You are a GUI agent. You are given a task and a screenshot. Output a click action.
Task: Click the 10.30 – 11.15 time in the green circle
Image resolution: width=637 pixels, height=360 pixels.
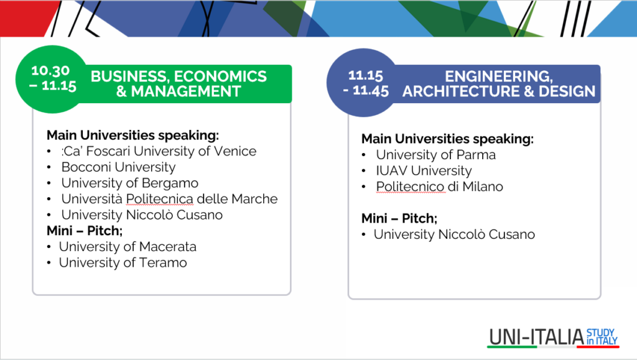[x=53, y=78]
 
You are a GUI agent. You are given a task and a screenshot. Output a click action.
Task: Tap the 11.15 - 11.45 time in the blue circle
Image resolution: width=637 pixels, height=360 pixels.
[x=366, y=83]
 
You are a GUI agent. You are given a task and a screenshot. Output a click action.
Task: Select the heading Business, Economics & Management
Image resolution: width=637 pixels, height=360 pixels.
[x=179, y=83]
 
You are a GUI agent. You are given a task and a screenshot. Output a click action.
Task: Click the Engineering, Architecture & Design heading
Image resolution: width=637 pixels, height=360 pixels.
[x=499, y=83]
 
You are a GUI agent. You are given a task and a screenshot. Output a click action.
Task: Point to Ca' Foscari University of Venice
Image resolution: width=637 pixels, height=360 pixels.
[x=159, y=151]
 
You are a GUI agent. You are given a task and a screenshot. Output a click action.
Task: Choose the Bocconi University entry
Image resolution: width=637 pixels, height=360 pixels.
[x=118, y=167]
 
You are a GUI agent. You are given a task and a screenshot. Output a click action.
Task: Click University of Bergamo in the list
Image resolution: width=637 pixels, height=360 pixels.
[x=129, y=183]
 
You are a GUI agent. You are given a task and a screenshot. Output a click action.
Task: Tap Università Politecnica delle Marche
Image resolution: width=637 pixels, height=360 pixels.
[x=169, y=199]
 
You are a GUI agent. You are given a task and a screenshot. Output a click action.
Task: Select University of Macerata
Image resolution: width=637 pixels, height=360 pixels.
[x=128, y=247]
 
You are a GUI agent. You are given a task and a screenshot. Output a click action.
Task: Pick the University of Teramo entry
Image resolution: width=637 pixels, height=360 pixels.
[x=123, y=262]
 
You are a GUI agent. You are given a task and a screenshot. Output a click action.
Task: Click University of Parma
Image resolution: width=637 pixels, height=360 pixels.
[x=436, y=155]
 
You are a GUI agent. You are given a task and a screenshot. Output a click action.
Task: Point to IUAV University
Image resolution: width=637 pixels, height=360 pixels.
[x=424, y=171]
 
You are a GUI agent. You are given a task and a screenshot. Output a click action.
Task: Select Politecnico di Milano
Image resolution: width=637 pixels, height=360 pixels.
[x=439, y=187]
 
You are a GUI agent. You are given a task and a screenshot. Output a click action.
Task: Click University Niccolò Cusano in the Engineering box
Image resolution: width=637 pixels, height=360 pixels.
[x=454, y=234]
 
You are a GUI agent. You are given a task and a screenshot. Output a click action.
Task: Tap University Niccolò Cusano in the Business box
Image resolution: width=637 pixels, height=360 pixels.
[x=142, y=215]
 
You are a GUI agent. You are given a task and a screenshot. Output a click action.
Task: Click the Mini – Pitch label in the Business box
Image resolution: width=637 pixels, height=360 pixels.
[x=85, y=231]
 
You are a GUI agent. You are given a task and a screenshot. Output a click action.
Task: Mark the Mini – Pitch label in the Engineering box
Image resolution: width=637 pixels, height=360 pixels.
[x=399, y=219]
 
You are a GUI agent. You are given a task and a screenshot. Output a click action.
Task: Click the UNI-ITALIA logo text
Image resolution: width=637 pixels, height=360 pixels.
[x=536, y=337]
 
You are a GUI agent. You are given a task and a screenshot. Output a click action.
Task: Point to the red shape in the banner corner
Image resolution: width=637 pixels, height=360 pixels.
[x=26, y=18]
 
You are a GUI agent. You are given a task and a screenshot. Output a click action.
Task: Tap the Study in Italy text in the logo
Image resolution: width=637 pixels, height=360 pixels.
[x=602, y=337]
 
